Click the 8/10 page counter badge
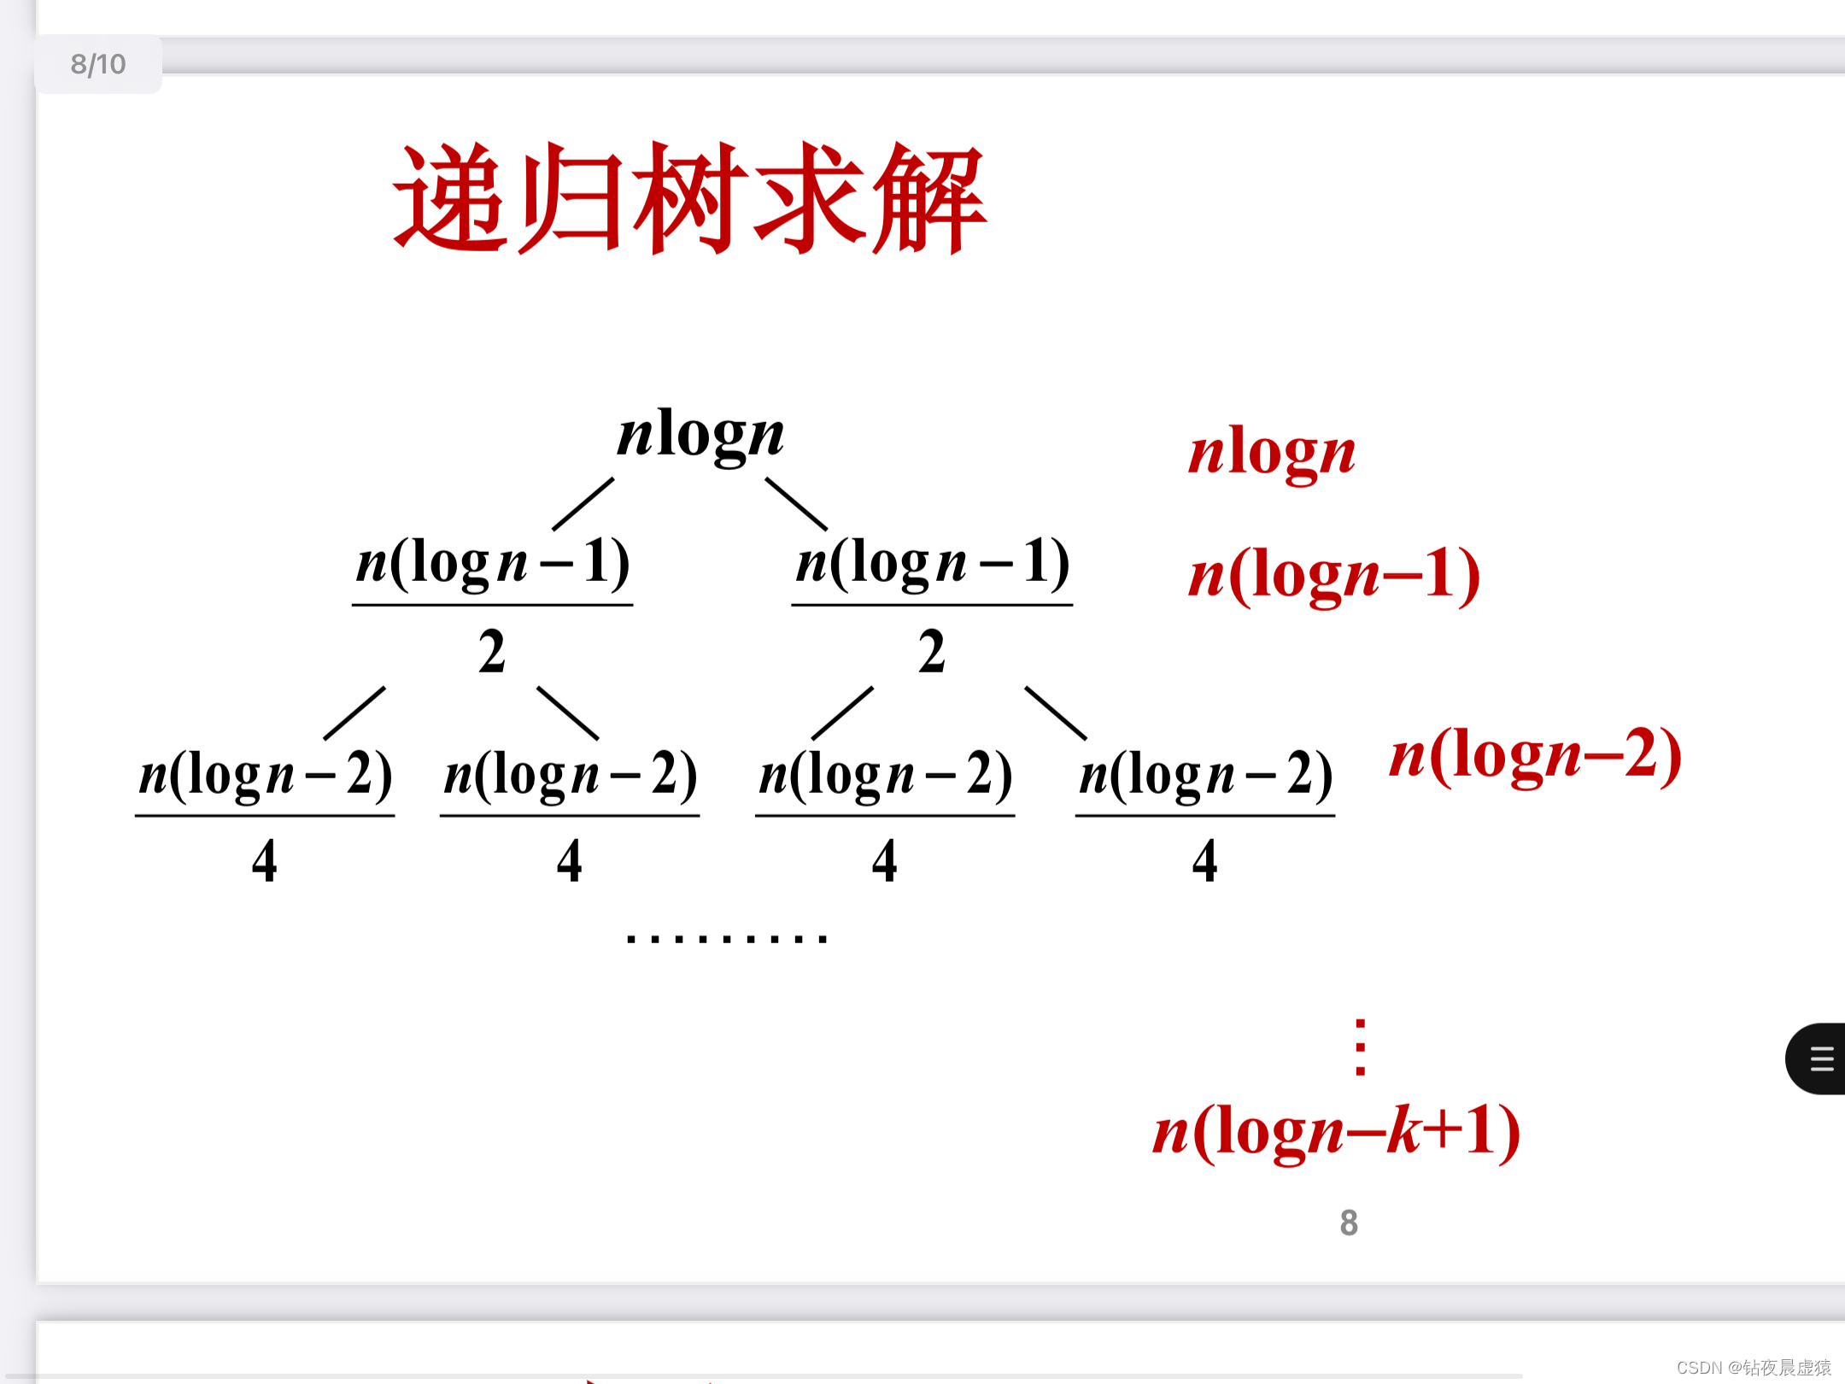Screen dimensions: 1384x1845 pyautogui.click(x=97, y=64)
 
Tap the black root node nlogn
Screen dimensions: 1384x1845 pyautogui.click(x=700, y=435)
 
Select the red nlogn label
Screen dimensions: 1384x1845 pyautogui.click(x=1271, y=453)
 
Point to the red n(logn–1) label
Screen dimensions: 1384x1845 pyautogui.click(x=1333, y=575)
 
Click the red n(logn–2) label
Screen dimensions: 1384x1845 pyautogui.click(x=1535, y=754)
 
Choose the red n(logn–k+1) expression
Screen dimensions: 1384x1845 pyautogui.click(x=1336, y=1131)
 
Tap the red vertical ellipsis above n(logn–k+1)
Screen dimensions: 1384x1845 pyautogui.click(x=1360, y=1047)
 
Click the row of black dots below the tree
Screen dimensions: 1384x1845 pyautogui.click(x=726, y=938)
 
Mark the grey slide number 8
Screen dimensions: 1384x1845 pyautogui.click(x=1349, y=1223)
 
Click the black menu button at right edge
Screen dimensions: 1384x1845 pyautogui.click(x=1819, y=1059)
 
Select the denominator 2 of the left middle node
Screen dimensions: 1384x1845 pyautogui.click(x=492, y=652)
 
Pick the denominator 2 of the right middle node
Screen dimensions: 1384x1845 pyautogui.click(x=932, y=652)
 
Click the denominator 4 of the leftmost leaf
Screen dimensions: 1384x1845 pyautogui.click(x=265, y=860)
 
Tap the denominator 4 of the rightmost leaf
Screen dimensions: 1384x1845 pyautogui.click(x=1204, y=860)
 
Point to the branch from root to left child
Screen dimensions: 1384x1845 pyautogui.click(x=583, y=504)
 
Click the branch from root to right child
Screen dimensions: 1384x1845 pyautogui.click(x=796, y=504)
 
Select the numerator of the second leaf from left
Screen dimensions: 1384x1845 pyautogui.click(x=570, y=774)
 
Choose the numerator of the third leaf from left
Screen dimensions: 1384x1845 pyautogui.click(x=885, y=774)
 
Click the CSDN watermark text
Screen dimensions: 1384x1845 pyautogui.click(x=1753, y=1367)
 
